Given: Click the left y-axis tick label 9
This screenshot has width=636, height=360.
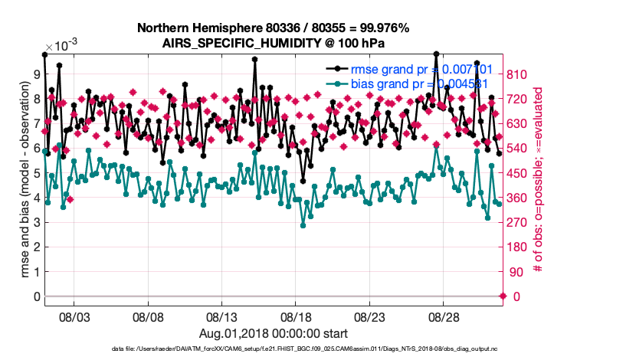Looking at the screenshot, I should [34, 74].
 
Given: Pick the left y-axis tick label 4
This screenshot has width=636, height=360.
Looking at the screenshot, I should [34, 198].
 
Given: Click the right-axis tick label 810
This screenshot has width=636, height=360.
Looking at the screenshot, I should [523, 74].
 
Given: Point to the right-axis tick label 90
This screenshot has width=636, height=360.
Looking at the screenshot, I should [519, 272].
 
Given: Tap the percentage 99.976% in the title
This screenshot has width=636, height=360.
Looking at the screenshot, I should [380, 28].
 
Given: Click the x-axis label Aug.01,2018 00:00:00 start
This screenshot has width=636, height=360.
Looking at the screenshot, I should [274, 333].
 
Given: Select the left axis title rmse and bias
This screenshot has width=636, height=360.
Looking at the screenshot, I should [17, 184].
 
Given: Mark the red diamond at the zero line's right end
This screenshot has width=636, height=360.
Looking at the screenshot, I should [503, 296].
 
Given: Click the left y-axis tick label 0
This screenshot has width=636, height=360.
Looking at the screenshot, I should [34, 296].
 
